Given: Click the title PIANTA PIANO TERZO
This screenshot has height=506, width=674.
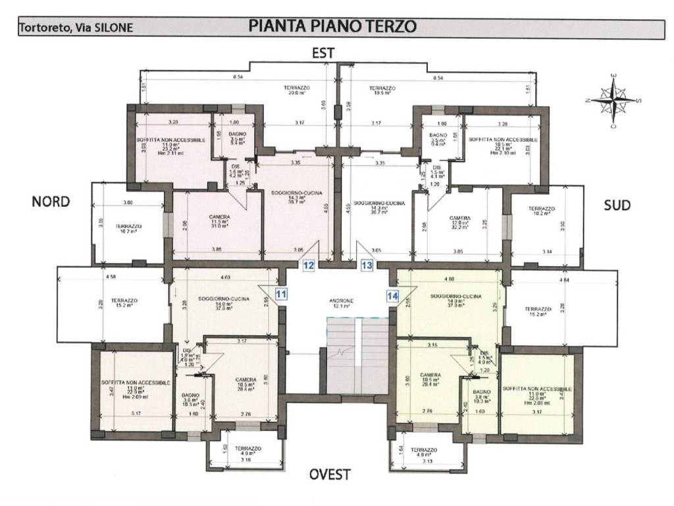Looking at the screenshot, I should coord(332,26).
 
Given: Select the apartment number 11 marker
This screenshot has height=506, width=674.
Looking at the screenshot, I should coord(281,295).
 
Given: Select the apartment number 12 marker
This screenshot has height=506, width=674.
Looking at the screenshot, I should coord(309,266).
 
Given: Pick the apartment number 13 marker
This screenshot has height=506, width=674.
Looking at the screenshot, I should coord(367,266).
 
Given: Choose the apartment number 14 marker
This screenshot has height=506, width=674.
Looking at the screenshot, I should coord(393,296).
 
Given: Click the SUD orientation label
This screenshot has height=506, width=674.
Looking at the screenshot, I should coord(617,206).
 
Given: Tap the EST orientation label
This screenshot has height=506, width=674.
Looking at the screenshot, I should coord(323,53).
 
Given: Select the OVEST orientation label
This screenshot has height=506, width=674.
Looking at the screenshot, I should coord(330,474).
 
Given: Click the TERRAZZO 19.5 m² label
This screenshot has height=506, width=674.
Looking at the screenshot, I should coord(382,90).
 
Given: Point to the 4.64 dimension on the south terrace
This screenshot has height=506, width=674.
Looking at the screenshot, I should coord(563,281).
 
